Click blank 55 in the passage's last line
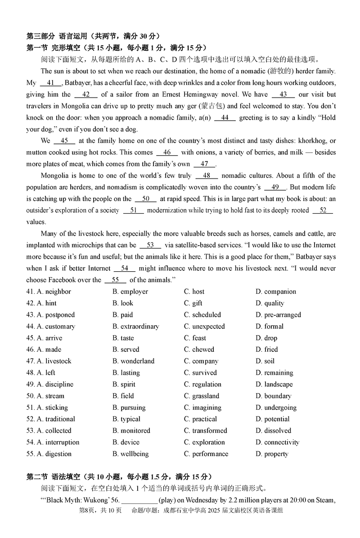tap(115, 280)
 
